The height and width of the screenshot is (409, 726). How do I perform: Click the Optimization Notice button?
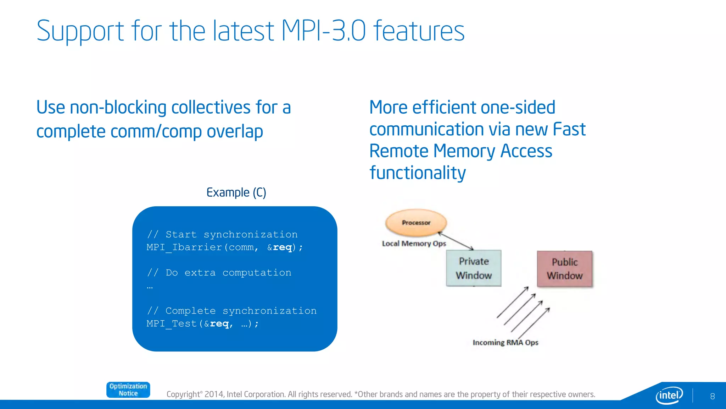pos(128,390)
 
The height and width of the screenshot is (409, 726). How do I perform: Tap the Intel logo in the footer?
pos(669,395)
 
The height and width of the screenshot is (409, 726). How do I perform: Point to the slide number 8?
pos(712,396)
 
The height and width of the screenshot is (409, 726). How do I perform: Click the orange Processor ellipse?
pos(416,223)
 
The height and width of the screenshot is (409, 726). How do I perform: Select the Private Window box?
pos(474,268)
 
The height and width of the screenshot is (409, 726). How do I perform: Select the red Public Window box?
pos(564,269)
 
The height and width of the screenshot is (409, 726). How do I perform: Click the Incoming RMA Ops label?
pos(505,343)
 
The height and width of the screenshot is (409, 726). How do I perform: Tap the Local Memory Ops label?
pos(414,244)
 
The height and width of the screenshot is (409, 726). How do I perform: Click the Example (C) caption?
pos(236,192)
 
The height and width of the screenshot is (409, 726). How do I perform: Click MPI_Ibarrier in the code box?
pos(184,247)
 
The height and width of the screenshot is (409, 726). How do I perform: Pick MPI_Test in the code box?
pos(172,324)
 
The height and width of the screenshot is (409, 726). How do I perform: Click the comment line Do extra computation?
pos(219,273)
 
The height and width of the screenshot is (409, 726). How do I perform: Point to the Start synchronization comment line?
pos(222,235)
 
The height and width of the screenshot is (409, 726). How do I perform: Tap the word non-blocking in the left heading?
pos(118,107)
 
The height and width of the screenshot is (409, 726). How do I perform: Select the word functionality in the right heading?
pos(418,173)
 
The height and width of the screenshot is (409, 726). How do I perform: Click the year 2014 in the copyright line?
pos(214,394)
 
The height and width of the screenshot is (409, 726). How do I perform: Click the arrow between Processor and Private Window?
pos(456,241)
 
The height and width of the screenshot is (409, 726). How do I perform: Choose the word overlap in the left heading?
pos(235,132)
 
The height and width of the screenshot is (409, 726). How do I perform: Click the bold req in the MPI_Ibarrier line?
pos(282,247)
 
